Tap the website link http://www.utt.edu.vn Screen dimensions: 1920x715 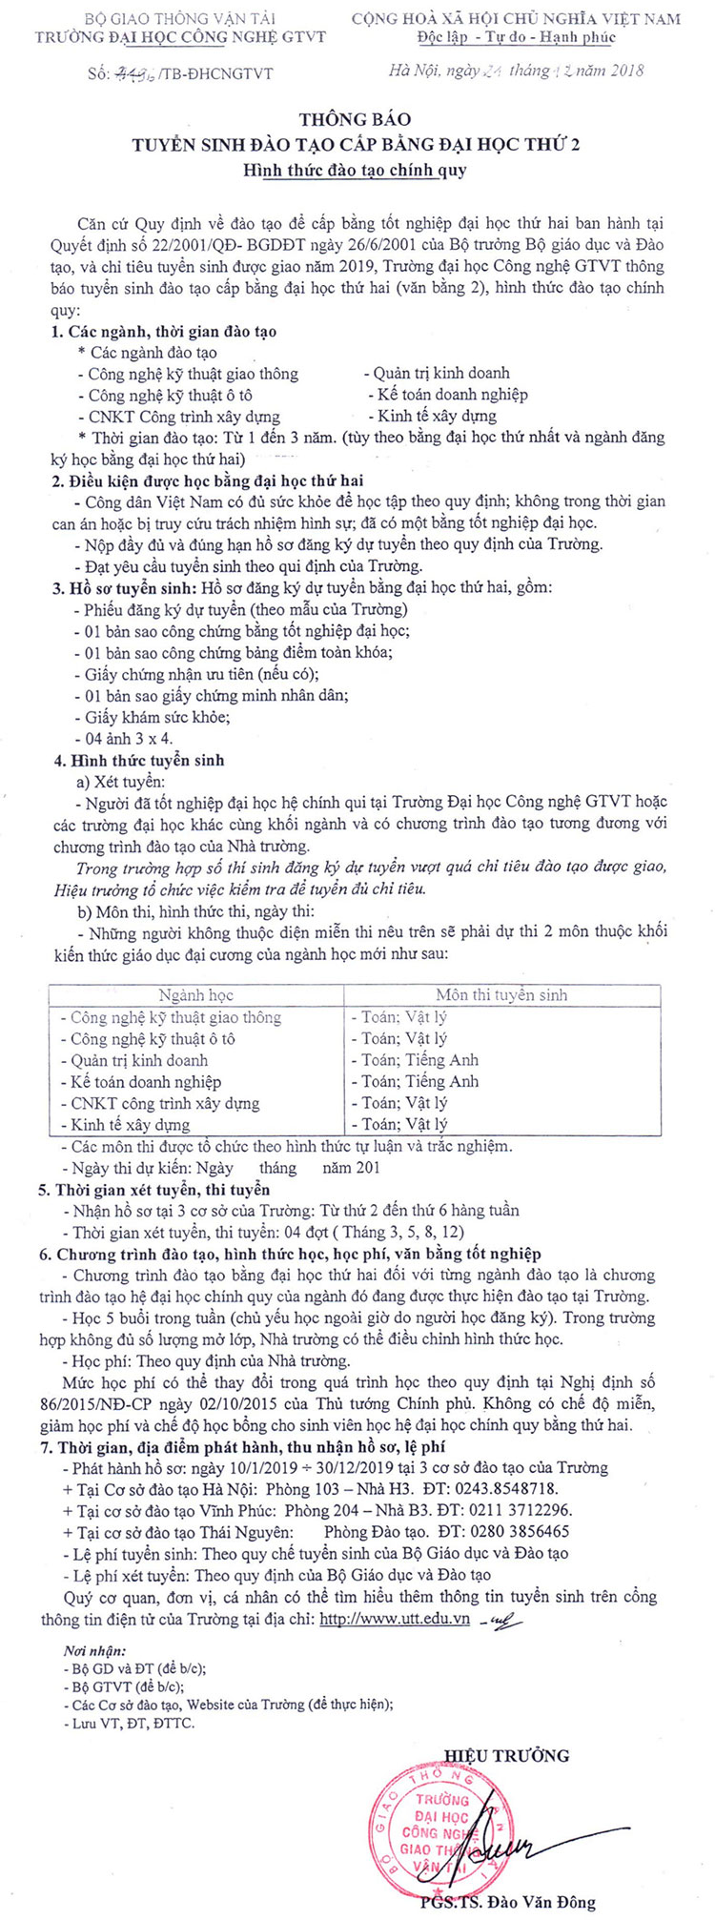click(x=395, y=1619)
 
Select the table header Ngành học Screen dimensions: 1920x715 click(x=196, y=994)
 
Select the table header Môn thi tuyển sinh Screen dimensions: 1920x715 click(x=501, y=994)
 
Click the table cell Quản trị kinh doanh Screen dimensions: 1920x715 click(x=139, y=1060)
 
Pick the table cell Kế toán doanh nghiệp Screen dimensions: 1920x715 click(x=146, y=1081)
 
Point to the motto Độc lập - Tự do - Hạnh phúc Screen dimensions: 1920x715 click(x=517, y=37)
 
